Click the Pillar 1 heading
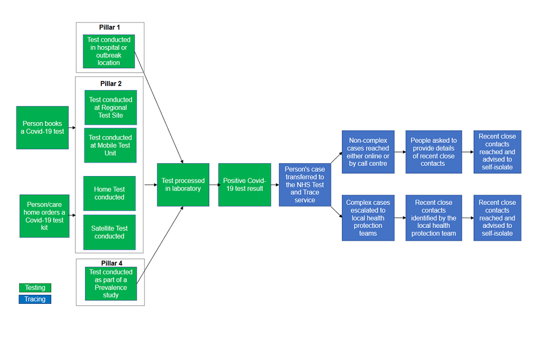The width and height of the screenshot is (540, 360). click(110, 28)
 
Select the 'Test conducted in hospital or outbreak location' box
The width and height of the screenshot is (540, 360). click(109, 51)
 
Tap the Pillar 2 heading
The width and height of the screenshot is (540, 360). click(111, 84)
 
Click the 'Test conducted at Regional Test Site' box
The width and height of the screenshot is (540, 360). click(111, 107)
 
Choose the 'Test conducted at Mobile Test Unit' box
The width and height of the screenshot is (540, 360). click(110, 145)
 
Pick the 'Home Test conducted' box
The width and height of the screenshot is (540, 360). click(110, 193)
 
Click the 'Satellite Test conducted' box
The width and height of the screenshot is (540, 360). click(110, 232)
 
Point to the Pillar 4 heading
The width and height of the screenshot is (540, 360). click(111, 263)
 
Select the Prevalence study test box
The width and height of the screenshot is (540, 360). click(111, 283)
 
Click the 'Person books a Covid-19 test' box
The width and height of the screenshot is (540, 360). click(42, 128)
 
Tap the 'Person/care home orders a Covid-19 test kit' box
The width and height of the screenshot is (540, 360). click(44, 216)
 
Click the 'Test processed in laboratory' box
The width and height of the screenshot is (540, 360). click(183, 184)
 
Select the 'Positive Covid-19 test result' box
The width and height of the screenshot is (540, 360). click(244, 184)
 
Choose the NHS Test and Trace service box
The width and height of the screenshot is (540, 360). click(305, 184)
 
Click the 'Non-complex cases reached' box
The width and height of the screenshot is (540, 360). click(368, 152)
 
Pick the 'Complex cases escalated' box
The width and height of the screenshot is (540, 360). click(368, 218)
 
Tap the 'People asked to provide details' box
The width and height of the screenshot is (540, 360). click(434, 152)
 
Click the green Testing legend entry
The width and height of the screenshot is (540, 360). click(35, 287)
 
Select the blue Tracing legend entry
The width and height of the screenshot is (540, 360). click(35, 299)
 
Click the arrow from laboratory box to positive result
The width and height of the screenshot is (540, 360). click(214, 184)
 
